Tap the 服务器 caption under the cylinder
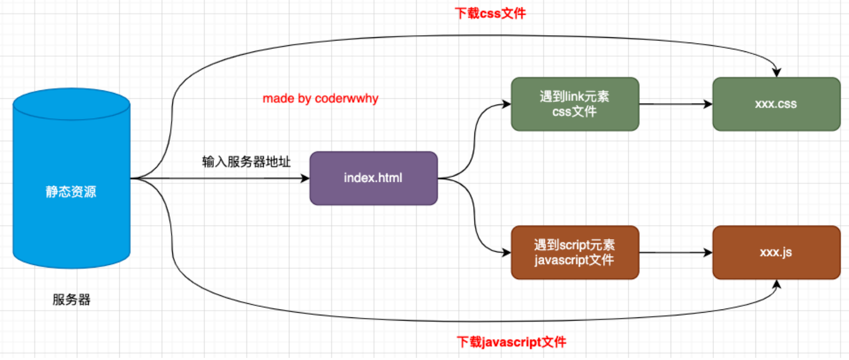point(71,300)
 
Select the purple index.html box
point(374,178)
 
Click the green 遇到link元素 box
point(575,104)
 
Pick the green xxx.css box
point(776,104)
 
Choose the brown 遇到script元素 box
point(575,252)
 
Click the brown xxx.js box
point(776,252)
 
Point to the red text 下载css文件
point(490,13)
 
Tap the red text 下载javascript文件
point(511,342)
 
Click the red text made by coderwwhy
point(320,98)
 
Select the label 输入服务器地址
point(246,161)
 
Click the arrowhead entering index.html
point(305,179)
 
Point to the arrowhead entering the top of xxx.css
point(776,73)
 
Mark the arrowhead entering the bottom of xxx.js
point(776,284)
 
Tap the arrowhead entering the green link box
point(506,104)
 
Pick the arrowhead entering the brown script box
point(506,253)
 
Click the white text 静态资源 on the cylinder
point(71,192)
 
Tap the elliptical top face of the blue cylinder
point(71,104)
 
